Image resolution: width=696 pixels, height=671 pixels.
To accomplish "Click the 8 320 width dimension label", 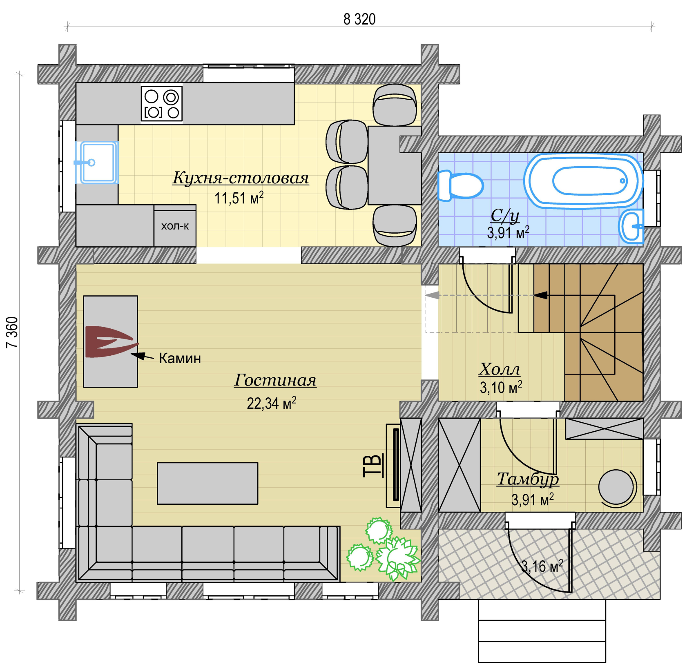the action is pyautogui.click(x=359, y=19).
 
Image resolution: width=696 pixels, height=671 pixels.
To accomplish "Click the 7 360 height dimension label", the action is pyautogui.click(x=13, y=332).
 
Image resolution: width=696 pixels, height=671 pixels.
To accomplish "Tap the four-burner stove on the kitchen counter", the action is pyautogui.click(x=162, y=103).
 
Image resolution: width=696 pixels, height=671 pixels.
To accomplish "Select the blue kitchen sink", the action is pyautogui.click(x=97, y=163).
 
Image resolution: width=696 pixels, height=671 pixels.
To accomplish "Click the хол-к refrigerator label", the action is pyautogui.click(x=175, y=226).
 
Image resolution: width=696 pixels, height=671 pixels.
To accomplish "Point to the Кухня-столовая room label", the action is pyautogui.click(x=241, y=178).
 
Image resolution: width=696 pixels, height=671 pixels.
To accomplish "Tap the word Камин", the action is pyautogui.click(x=180, y=358).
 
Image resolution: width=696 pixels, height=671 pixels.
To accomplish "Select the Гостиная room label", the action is pyautogui.click(x=275, y=380).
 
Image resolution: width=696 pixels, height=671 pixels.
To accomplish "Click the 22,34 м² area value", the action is pyautogui.click(x=272, y=403).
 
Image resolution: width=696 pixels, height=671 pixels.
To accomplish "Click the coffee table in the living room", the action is pyautogui.click(x=207, y=484).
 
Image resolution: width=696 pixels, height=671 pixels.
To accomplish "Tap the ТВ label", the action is pyautogui.click(x=373, y=466).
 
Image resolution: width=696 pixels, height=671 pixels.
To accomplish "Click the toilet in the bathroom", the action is pyautogui.click(x=460, y=186).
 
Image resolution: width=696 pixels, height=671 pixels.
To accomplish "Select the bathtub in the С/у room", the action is pyautogui.click(x=584, y=181).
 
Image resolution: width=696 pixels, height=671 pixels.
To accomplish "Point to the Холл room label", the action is pyautogui.click(x=500, y=369).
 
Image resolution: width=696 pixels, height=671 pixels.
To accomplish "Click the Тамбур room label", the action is pyautogui.click(x=528, y=479).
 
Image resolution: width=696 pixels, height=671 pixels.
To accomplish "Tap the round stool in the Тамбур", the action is pyautogui.click(x=616, y=487).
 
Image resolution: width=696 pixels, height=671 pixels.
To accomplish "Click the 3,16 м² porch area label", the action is pyautogui.click(x=542, y=566).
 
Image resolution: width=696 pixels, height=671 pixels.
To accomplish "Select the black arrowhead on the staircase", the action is pyautogui.click(x=541, y=295).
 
